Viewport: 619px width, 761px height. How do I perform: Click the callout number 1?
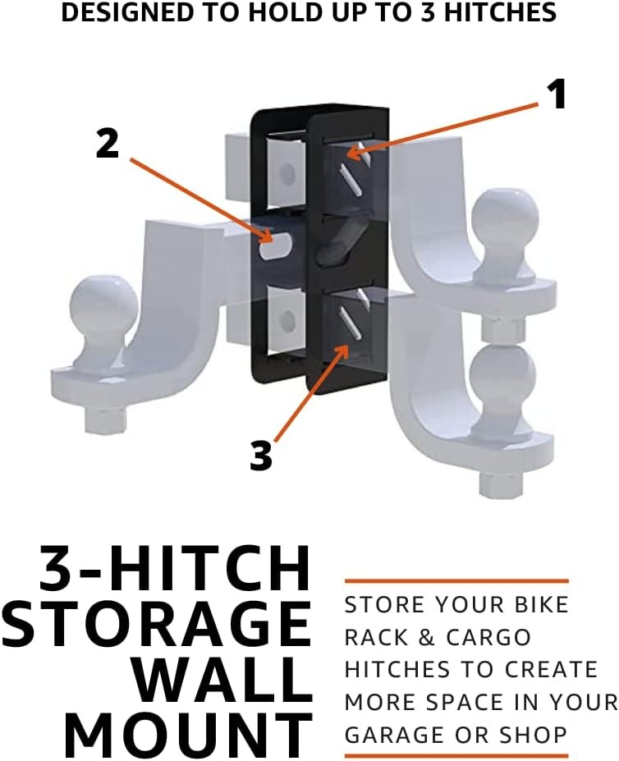557,95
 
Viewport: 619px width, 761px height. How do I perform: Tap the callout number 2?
108,144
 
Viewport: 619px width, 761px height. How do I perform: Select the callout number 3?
261,456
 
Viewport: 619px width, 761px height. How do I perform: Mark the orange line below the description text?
456,755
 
